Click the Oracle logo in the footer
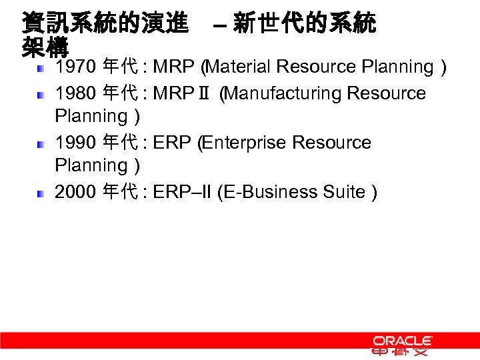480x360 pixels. tap(403, 341)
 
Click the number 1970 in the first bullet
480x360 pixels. tap(75, 67)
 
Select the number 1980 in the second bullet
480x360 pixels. tap(75, 93)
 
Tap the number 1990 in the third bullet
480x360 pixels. tap(75, 143)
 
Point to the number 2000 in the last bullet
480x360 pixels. tap(75, 192)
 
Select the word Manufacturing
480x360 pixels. tap(284, 93)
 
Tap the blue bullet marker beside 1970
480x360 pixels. tap(41, 68)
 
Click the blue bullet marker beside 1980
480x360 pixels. tap(41, 95)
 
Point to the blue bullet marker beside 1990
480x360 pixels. tap(41, 144)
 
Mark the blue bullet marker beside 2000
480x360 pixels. tap(41, 193)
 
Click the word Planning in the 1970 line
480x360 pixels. tap(397, 67)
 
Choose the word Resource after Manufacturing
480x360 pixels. tap(386, 93)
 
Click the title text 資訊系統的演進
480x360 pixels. tap(105, 24)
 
